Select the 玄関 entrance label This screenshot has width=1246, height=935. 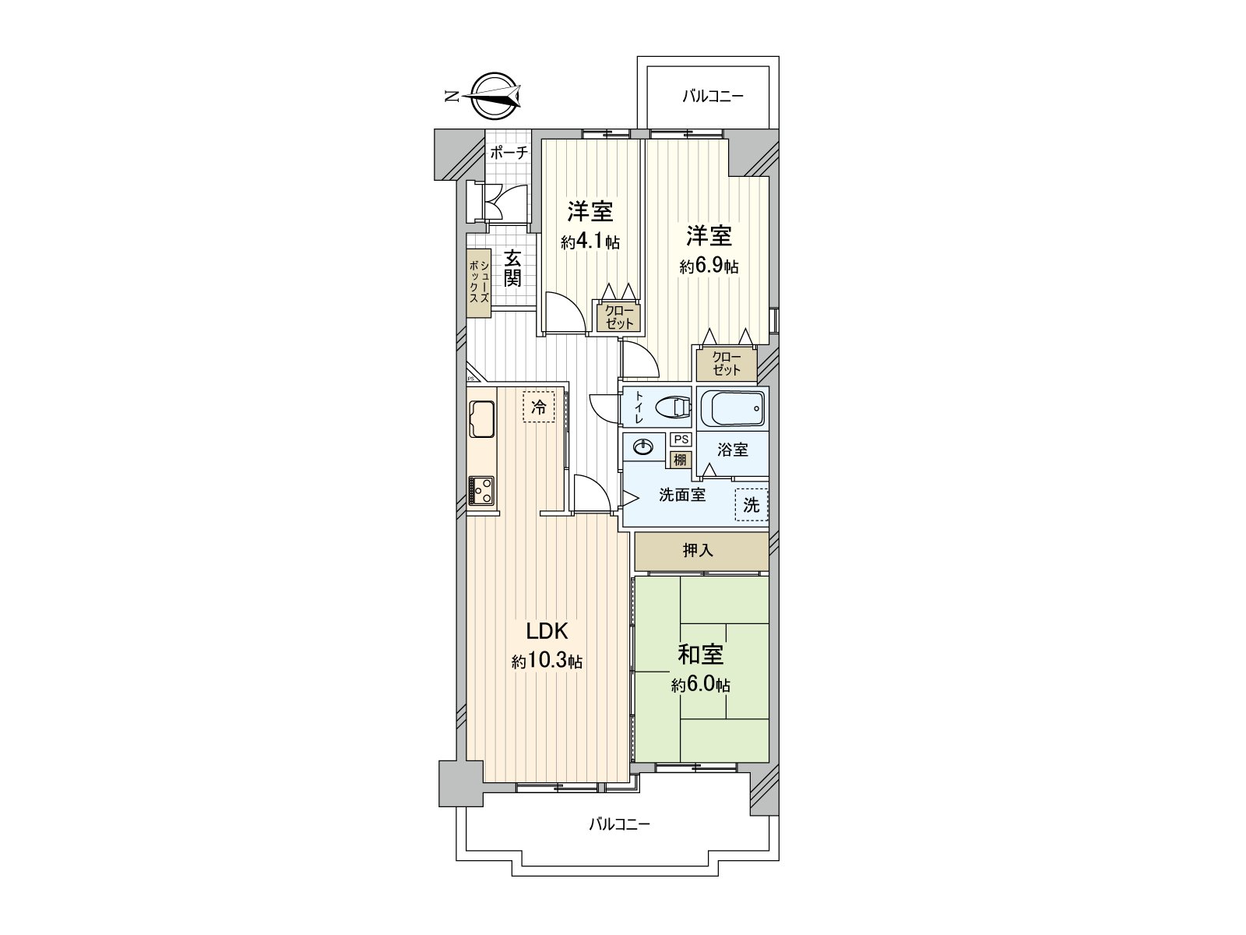pos(512,268)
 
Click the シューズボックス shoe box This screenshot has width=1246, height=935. pos(479,284)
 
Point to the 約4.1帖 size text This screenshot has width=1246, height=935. pos(590,242)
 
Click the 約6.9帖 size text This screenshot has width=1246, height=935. pos(709,266)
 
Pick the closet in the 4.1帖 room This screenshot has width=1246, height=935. pos(619,317)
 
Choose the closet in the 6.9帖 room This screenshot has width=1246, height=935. pos(726,364)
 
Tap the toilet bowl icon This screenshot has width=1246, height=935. pos(672,408)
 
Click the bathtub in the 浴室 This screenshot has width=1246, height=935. pos(732,408)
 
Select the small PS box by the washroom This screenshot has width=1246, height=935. pos(681,439)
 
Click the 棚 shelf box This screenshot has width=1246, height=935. pos(680,460)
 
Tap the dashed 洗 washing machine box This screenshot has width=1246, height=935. pos(751,505)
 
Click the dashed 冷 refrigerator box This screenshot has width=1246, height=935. pos(538,407)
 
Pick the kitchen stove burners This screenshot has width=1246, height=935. pos(480,492)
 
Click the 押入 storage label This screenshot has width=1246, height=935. pos(698,551)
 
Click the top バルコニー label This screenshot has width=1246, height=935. pos(713,97)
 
